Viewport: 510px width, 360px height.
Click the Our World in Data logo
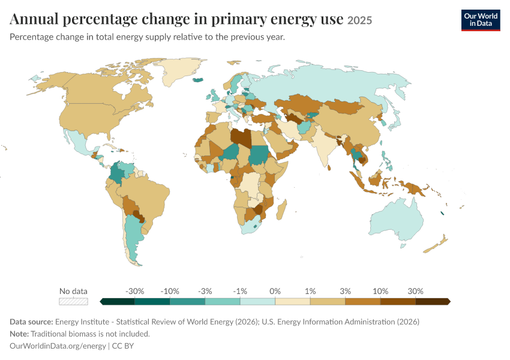tap(481, 20)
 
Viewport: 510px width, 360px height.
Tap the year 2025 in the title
tap(359, 20)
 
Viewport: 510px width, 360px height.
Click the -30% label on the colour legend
tap(134, 291)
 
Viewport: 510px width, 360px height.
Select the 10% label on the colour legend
tap(380, 291)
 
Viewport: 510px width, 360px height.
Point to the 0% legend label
tap(275, 291)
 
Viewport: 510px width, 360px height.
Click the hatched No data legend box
tap(74, 301)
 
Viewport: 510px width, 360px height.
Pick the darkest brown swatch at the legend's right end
tap(433, 301)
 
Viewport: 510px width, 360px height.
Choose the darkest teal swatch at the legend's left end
tap(118, 301)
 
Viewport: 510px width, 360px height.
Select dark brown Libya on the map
tap(241, 138)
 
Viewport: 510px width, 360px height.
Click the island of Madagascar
tap(281, 209)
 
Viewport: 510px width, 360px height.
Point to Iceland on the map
tap(198, 80)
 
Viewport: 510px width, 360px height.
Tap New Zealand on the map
tap(436, 245)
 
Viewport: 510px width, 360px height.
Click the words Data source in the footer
tap(31, 322)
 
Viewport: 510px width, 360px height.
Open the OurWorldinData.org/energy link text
tap(58, 346)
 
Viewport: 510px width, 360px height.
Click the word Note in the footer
tap(19, 334)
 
